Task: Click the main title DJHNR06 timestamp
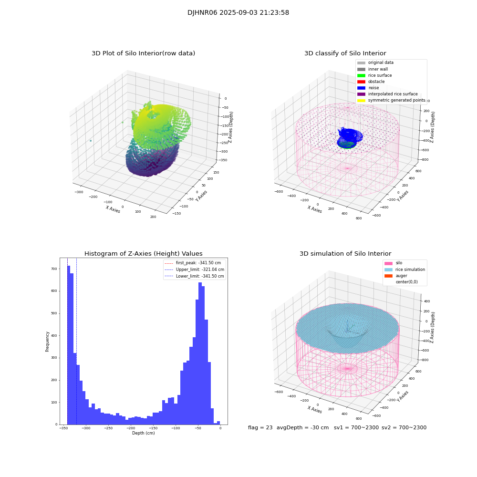coord(238,13)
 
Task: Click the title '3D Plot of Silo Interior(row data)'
coord(143,53)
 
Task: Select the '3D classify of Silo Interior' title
coord(345,53)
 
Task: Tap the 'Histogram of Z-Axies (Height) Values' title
coord(143,254)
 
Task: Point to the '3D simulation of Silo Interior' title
coord(345,254)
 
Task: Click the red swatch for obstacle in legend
coord(361,82)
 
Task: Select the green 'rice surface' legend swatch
coord(361,75)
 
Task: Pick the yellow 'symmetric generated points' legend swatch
coord(361,101)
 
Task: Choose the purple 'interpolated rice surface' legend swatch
coord(361,94)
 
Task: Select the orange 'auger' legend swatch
coord(388,276)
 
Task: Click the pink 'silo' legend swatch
coord(388,263)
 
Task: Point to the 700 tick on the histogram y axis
coord(53,269)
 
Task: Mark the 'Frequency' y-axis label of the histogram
coord(48,341)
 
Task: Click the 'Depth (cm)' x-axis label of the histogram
coord(143,433)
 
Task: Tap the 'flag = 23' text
coord(260,428)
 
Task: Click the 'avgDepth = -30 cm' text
coord(302,428)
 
